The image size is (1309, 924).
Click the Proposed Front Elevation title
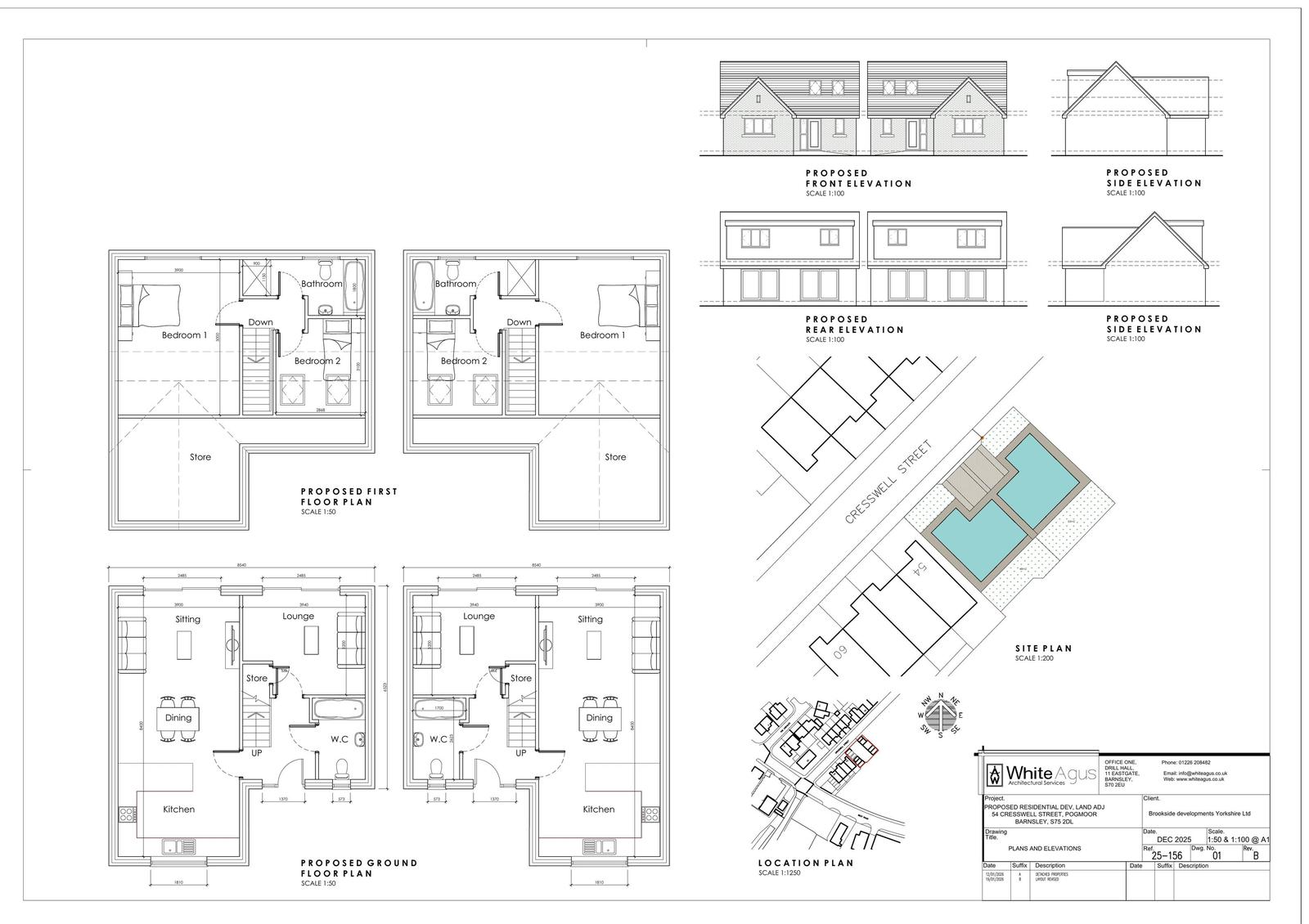click(858, 178)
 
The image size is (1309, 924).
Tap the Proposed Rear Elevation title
click(854, 325)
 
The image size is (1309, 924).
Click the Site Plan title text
click(1043, 648)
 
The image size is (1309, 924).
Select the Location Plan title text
click(805, 863)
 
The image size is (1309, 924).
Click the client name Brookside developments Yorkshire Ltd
click(1199, 814)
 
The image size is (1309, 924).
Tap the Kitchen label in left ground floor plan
click(178, 810)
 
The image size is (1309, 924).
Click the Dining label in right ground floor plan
click(599, 718)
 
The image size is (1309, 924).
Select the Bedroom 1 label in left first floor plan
click(184, 335)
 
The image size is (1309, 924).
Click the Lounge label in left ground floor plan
click(298, 616)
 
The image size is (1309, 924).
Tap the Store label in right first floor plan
click(615, 457)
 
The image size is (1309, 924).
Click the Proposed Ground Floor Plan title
click(358, 868)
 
